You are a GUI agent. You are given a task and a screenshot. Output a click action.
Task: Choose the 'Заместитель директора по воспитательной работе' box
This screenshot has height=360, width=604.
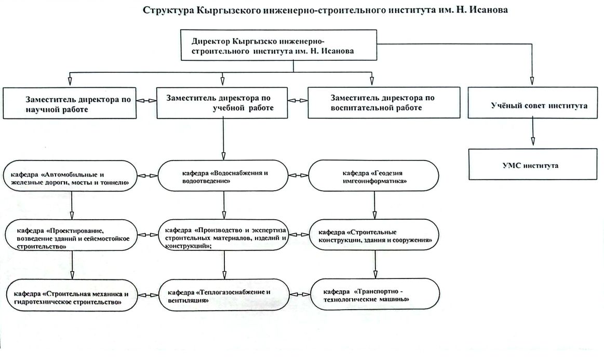pos(384,103)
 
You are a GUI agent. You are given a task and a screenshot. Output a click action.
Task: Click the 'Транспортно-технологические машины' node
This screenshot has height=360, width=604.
pos(373,295)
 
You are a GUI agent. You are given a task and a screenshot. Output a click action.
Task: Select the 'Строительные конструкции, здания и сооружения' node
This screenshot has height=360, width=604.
pos(373,235)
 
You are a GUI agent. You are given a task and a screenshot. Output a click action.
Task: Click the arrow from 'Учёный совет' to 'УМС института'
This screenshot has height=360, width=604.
pos(531,134)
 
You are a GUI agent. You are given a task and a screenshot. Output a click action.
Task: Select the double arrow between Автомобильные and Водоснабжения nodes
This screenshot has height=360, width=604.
pos(148,176)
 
